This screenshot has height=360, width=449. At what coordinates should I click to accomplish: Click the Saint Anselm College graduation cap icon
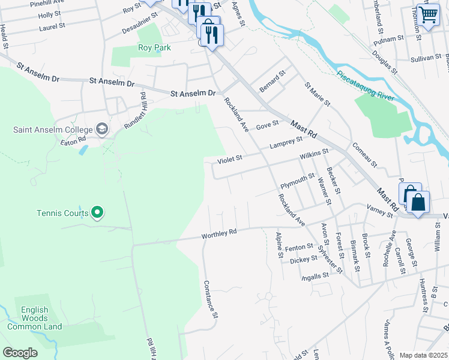pos(102,129)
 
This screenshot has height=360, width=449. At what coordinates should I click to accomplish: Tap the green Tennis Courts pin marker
pos(98,212)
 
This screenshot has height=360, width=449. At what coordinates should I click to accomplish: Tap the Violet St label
pos(229,158)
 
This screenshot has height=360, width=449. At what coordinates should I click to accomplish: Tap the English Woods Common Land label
pos(34,318)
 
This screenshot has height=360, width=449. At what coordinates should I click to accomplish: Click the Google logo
pos(20,353)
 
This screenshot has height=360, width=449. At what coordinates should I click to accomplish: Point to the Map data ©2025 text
pos(423,355)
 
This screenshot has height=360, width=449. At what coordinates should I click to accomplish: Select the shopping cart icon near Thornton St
pos(428,14)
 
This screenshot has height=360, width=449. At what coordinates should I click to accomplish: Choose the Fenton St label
pos(299,247)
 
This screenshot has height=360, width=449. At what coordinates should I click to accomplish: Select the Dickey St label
pos(303,260)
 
